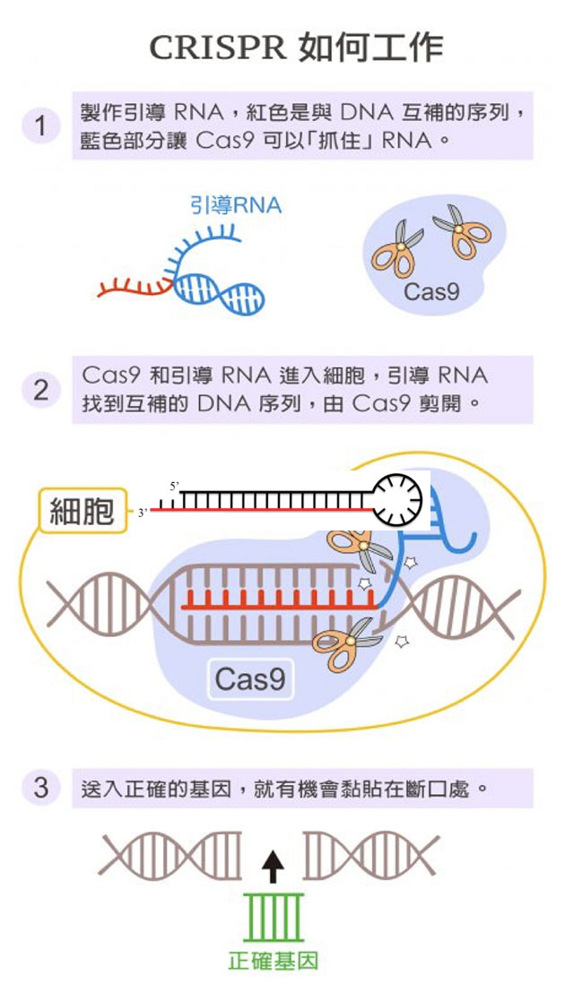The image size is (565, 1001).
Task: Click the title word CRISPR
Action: point(215,47)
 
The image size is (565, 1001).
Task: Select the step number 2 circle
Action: point(40,391)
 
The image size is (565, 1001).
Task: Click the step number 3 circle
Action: point(40,788)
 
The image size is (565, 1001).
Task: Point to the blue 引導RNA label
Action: point(236,205)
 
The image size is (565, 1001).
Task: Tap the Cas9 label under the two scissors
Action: point(431,290)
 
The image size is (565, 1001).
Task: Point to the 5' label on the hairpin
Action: point(175,486)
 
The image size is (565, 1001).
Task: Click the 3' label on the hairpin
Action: point(142,513)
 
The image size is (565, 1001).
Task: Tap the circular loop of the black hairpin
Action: point(397,500)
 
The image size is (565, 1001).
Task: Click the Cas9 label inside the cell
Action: point(250,679)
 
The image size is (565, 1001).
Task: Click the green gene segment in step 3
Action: point(274,916)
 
